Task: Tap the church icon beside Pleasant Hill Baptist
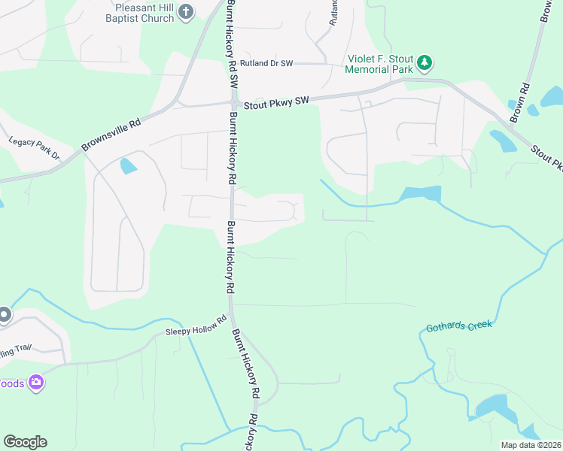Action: (x=187, y=12)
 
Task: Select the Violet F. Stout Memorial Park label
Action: (x=380, y=64)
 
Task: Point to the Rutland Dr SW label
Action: (x=265, y=63)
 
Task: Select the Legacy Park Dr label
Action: (x=34, y=147)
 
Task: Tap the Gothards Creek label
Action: (x=458, y=325)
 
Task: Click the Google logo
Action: (x=25, y=442)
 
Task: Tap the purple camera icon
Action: (x=35, y=383)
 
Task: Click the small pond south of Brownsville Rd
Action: (x=129, y=165)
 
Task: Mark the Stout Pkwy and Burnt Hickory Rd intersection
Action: (x=233, y=104)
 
